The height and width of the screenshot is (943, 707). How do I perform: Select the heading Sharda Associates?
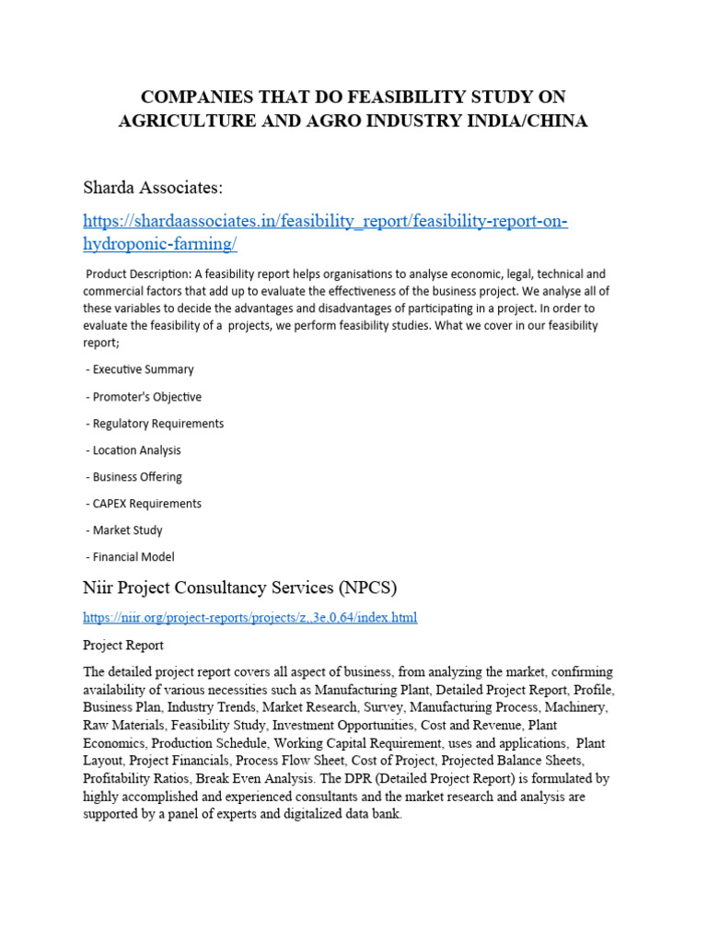click(153, 188)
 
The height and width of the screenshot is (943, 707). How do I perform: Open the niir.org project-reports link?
click(249, 617)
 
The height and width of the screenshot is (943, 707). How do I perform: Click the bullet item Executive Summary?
click(143, 369)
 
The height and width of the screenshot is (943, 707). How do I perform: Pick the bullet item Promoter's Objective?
click(146, 397)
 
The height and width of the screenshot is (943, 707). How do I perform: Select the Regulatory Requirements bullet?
click(157, 424)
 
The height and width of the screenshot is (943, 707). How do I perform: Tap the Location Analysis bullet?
click(136, 450)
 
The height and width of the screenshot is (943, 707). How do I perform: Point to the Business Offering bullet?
click(137, 477)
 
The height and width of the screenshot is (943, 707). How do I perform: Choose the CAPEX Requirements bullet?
click(146, 504)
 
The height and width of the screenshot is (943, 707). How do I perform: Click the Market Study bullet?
click(127, 530)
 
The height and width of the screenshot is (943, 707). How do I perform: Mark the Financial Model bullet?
click(133, 557)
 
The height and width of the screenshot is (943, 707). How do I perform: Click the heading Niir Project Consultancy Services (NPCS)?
click(239, 588)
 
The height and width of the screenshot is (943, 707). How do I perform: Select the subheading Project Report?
click(123, 645)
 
